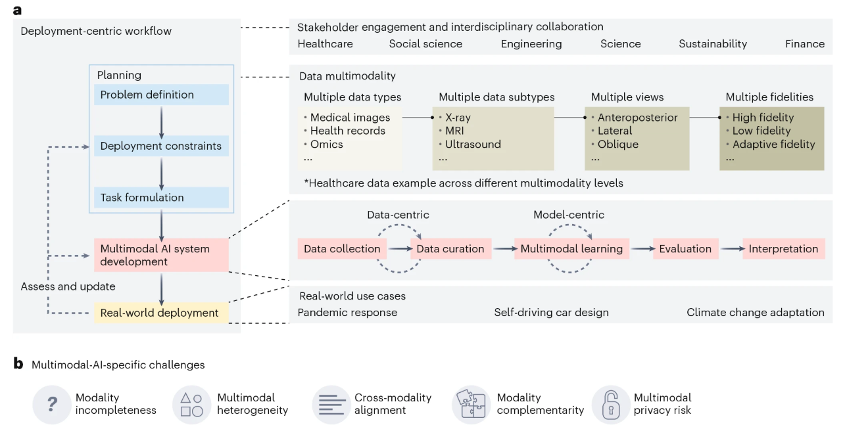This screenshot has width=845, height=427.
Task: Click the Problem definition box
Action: click(x=162, y=95)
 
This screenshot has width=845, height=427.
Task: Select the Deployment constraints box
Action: click(x=162, y=146)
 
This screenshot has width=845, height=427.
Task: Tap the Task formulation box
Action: click(x=162, y=197)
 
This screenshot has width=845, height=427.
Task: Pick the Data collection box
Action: click(x=342, y=249)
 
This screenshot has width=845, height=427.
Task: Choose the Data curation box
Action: click(x=450, y=249)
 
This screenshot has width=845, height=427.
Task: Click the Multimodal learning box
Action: click(x=571, y=249)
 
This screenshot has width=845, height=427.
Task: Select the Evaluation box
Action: click(x=685, y=249)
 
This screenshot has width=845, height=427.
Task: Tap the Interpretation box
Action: click(x=783, y=249)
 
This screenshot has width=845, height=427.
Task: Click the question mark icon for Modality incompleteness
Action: click(x=52, y=404)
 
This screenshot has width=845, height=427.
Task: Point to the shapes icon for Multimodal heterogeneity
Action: click(x=191, y=404)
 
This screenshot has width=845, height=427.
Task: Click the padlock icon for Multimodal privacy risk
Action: click(x=611, y=404)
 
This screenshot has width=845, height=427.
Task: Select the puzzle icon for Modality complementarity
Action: click(x=471, y=404)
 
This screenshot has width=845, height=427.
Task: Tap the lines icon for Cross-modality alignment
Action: click(x=331, y=404)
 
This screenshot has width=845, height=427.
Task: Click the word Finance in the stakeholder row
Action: click(x=804, y=44)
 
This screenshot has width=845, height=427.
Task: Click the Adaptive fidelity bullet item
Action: click(x=773, y=145)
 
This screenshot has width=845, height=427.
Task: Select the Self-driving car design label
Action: click(x=551, y=313)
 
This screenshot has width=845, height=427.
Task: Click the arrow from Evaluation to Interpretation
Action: click(x=730, y=249)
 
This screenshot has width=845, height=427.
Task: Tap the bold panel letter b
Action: click(x=18, y=363)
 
